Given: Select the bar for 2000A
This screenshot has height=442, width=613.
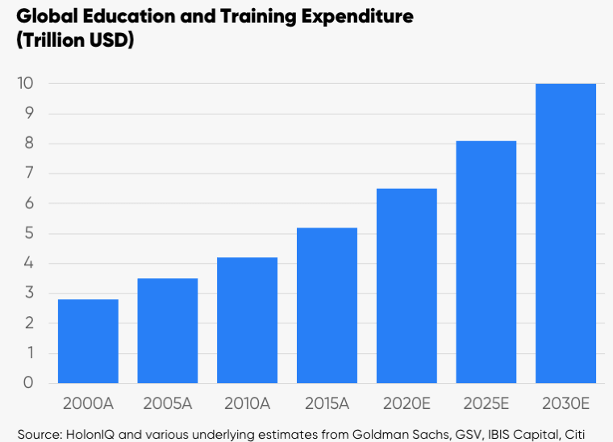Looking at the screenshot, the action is (88, 341).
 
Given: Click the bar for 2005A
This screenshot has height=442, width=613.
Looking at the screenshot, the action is (168, 331).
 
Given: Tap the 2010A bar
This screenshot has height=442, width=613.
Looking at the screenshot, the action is (247, 320).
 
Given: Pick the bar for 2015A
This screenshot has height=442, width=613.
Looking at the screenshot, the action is (327, 306).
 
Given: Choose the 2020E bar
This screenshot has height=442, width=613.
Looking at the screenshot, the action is (407, 286).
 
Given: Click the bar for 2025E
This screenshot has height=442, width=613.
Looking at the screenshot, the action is (486, 262).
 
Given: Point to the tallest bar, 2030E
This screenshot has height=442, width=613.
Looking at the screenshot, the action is (565, 233).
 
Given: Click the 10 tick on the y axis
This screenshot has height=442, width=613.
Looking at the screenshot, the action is (25, 83).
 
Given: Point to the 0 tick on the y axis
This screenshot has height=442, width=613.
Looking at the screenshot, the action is (28, 382).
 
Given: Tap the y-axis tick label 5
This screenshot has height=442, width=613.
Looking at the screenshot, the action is (29, 233).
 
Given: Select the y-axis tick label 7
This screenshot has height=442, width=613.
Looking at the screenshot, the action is (29, 173).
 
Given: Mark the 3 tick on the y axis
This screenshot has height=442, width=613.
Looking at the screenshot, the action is (29, 293).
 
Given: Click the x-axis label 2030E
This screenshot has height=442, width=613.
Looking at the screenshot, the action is (565, 404).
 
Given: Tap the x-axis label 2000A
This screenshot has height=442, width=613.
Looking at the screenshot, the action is (89, 404).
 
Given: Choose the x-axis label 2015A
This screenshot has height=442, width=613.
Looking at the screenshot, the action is (327, 404).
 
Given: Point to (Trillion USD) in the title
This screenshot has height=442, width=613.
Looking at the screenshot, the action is (75, 40).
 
